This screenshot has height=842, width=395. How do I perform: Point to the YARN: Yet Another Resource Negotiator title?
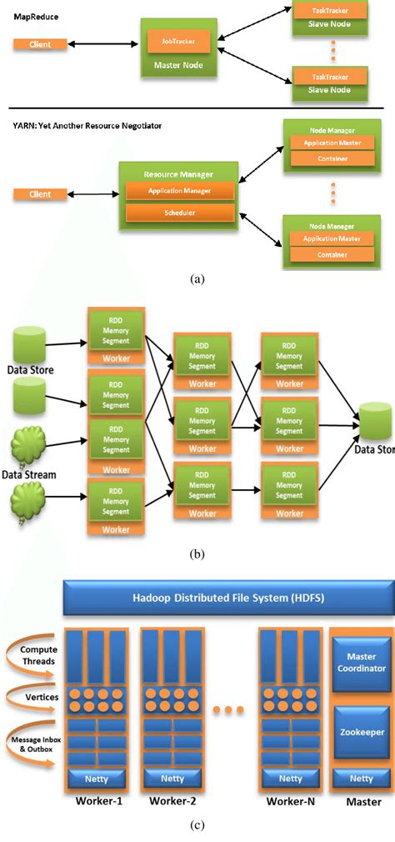[x=87, y=126]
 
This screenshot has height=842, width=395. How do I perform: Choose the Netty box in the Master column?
[x=361, y=779]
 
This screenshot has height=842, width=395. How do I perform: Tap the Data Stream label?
[x=29, y=474]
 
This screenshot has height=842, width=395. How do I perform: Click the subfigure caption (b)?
[x=197, y=553]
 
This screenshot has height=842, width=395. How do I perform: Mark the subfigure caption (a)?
[x=197, y=280]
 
